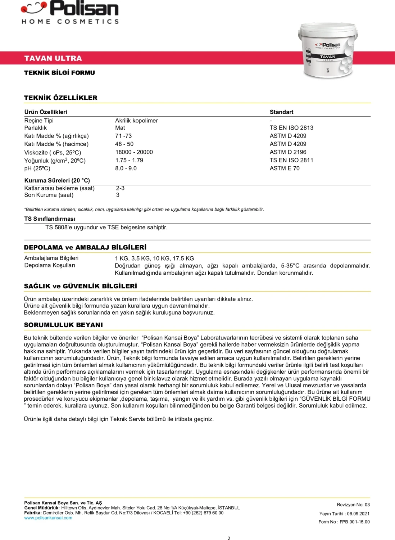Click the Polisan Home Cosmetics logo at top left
pos(70,13)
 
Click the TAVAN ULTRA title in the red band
pos(53,58)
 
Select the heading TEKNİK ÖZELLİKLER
pos(61,98)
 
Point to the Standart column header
pos(281,112)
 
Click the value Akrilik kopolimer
pos(136,121)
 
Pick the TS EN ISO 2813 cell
pos(291,128)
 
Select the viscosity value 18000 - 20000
pos(134,152)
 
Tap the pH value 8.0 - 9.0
pos(126,168)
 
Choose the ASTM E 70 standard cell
pos(285,168)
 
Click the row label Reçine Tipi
pos(39,121)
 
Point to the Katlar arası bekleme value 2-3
pos(120,188)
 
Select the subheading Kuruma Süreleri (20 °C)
pos(57,180)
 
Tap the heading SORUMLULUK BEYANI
pos(63,325)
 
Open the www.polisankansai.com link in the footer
pos(48,518)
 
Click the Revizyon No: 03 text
pos(353,505)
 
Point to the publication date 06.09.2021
pos(358,514)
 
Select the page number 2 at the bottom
pos(229,538)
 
